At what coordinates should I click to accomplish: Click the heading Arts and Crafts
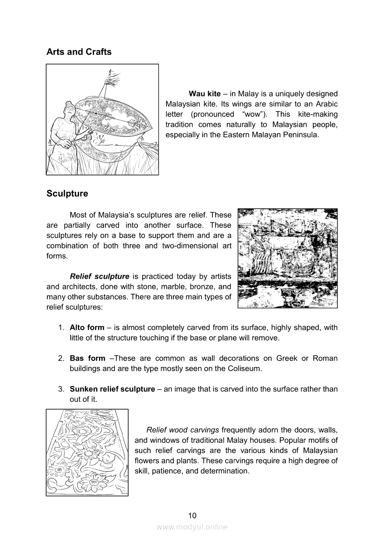coord(79,52)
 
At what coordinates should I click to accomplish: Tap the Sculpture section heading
coord(67,193)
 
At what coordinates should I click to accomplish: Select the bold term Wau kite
coord(205,94)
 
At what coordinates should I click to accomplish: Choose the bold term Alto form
coord(87,327)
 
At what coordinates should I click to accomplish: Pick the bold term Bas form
coord(87,359)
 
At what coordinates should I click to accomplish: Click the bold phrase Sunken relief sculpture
coord(112,389)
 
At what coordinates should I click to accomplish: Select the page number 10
coord(192,515)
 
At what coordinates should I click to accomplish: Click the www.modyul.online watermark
coord(192,527)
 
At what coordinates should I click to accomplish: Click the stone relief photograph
coord(287,258)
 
